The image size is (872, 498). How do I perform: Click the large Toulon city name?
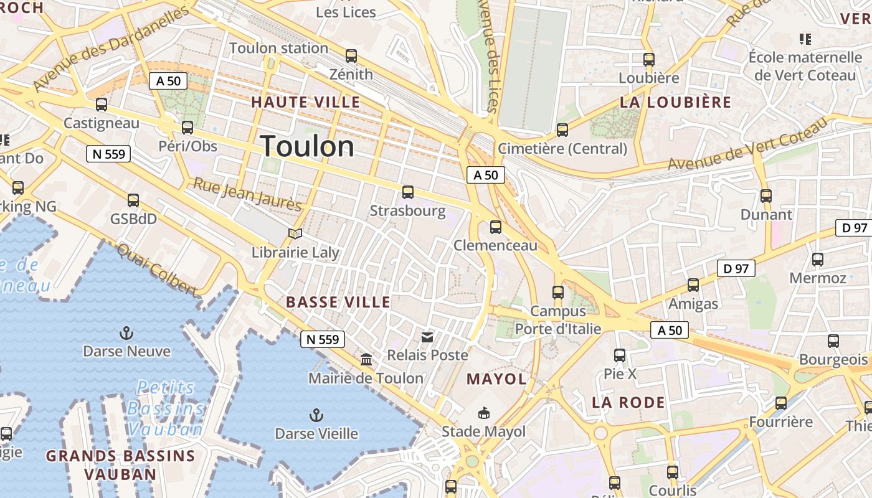tap(308, 147)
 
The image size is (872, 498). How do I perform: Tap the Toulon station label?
tap(278, 48)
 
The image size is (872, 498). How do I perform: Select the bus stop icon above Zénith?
tap(351, 56)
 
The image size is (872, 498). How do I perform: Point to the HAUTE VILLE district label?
tap(306, 102)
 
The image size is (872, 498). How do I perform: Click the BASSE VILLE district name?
tap(338, 303)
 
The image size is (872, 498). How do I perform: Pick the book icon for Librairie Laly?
tap(295, 234)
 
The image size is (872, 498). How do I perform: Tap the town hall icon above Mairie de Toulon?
tap(366, 360)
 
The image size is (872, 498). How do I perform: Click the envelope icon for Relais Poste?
tap(427, 337)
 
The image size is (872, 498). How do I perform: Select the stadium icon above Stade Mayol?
tap(483, 413)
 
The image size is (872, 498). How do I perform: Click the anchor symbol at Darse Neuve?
tap(126, 333)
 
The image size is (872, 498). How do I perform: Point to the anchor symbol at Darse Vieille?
tap(316, 415)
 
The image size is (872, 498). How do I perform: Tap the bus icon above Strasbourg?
tap(408, 192)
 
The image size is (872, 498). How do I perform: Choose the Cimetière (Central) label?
tap(562, 149)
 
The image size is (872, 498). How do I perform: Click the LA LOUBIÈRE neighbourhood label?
tap(676, 103)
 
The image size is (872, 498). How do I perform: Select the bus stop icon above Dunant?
tap(766, 196)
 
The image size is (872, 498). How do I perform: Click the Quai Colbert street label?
tap(157, 270)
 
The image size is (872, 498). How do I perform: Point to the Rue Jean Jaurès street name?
tap(247, 194)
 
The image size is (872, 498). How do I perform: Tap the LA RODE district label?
tap(628, 402)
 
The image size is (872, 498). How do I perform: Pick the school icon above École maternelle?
tap(805, 39)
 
